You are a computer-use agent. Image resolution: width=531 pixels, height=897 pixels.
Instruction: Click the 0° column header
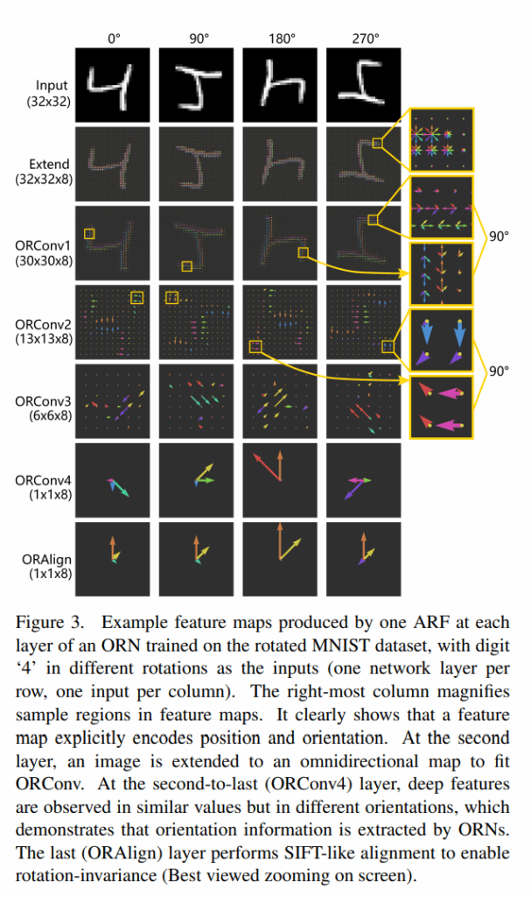coord(114,39)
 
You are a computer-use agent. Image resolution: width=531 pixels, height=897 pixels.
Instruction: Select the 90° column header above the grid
coord(199,39)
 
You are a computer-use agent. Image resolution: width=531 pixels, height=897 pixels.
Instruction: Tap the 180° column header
coord(282,39)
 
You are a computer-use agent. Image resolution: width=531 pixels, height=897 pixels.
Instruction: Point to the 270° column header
coord(366,39)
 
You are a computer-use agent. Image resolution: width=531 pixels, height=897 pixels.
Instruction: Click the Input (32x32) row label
coord(50,93)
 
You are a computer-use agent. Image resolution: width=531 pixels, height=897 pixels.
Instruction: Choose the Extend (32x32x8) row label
coord(45,172)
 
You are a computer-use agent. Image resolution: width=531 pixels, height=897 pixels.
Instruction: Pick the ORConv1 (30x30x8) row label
coord(44,253)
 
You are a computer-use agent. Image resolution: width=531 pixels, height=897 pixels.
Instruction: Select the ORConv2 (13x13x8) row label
coord(44,332)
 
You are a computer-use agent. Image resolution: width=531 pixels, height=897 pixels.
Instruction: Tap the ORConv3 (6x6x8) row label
coord(44,408)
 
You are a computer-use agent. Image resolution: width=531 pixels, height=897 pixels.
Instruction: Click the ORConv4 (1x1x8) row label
coord(44,487)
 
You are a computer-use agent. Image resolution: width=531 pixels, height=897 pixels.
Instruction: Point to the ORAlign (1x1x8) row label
coord(47,566)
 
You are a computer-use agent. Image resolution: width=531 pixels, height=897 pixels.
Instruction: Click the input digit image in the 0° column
coord(113,85)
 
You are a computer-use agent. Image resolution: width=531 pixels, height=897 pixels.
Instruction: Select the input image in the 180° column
coord(280,85)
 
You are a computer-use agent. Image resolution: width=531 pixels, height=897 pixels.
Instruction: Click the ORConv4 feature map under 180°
coord(280,480)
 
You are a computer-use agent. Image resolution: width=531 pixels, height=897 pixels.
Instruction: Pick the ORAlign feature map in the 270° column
coord(364,559)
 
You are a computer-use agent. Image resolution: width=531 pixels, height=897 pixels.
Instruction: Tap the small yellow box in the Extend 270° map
coord(377,143)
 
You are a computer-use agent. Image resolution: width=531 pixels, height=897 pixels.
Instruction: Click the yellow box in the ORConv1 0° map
coord(89,233)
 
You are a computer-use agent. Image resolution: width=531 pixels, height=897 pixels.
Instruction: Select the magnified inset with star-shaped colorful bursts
coord(442,140)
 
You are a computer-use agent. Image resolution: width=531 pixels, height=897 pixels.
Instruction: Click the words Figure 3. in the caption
coord(50,623)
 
